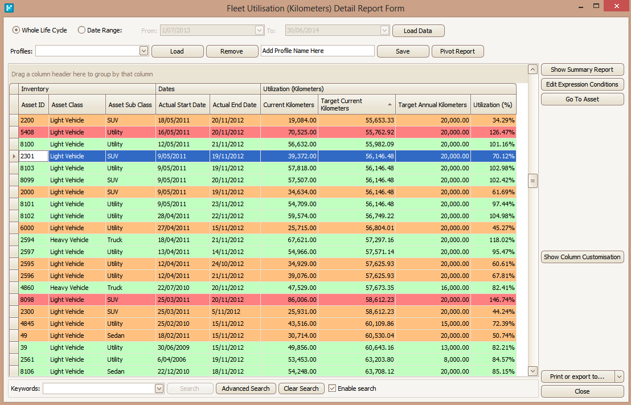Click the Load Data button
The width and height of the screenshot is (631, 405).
coord(418,31)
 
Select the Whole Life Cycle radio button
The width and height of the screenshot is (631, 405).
coord(16,30)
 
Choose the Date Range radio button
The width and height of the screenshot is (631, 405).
coord(81,30)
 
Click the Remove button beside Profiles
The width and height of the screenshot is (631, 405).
coord(232,51)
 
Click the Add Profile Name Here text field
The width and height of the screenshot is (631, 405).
coord(318,51)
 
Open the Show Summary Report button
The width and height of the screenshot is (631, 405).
coord(582,69)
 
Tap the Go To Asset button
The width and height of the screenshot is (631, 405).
coord(582,99)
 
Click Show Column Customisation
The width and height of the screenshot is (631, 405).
coord(582,257)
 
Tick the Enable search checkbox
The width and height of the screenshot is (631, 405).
coord(332,388)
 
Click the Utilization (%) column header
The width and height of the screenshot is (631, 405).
coord(493,105)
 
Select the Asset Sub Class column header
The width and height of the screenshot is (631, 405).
coord(130,105)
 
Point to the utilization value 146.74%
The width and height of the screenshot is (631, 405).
coord(502,300)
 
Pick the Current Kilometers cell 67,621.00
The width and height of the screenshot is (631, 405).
coord(302,240)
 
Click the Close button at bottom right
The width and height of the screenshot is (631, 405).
coord(582,391)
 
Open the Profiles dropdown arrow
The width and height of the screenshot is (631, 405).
coord(144,51)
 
